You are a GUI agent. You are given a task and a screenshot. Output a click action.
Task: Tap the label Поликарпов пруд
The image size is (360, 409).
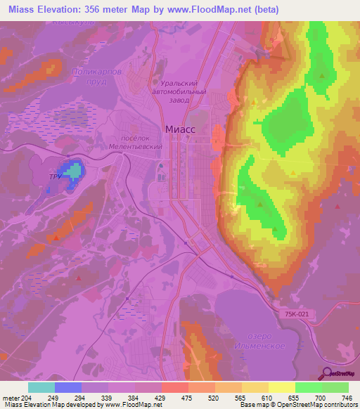(98, 77)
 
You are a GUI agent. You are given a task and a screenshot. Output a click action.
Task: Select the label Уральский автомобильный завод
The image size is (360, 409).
(181, 91)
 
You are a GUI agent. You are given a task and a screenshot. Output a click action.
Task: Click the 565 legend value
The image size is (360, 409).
(240, 397)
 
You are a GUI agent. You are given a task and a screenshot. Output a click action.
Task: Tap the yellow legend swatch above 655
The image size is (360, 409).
(281, 387)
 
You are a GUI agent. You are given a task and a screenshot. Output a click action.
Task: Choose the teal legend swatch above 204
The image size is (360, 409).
(41, 387)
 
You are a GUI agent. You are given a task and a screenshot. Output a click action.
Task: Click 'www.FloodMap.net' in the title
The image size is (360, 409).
(217, 10)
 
